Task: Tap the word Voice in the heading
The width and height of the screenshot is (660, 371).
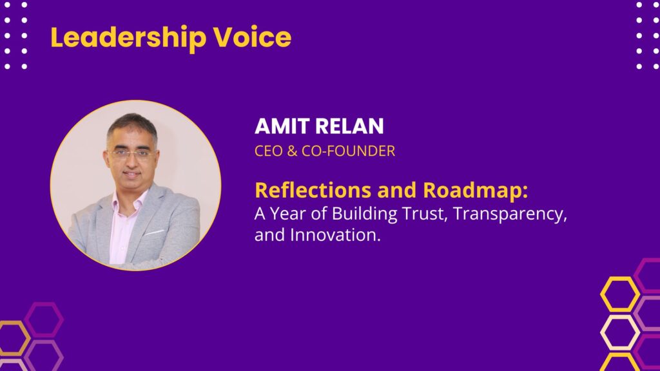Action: click(252, 37)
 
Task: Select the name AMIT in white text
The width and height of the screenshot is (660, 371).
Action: click(282, 126)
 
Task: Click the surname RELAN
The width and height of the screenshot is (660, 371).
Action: click(349, 126)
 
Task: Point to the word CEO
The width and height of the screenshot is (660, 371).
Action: click(269, 151)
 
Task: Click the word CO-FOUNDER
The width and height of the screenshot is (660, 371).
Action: click(348, 151)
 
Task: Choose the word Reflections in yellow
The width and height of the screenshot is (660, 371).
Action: click(313, 190)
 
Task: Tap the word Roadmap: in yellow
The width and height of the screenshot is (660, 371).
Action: click(475, 191)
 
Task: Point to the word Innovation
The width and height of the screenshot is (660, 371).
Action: click(335, 235)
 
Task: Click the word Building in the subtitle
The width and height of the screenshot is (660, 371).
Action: click(365, 214)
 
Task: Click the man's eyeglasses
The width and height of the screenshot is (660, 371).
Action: click(131, 155)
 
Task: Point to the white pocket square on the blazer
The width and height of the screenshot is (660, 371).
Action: click(155, 232)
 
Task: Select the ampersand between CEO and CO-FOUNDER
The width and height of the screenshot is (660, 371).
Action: click(292, 151)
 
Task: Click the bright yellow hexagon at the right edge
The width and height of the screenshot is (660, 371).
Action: click(619, 294)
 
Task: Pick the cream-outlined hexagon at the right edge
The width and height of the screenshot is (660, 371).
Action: click(619, 332)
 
